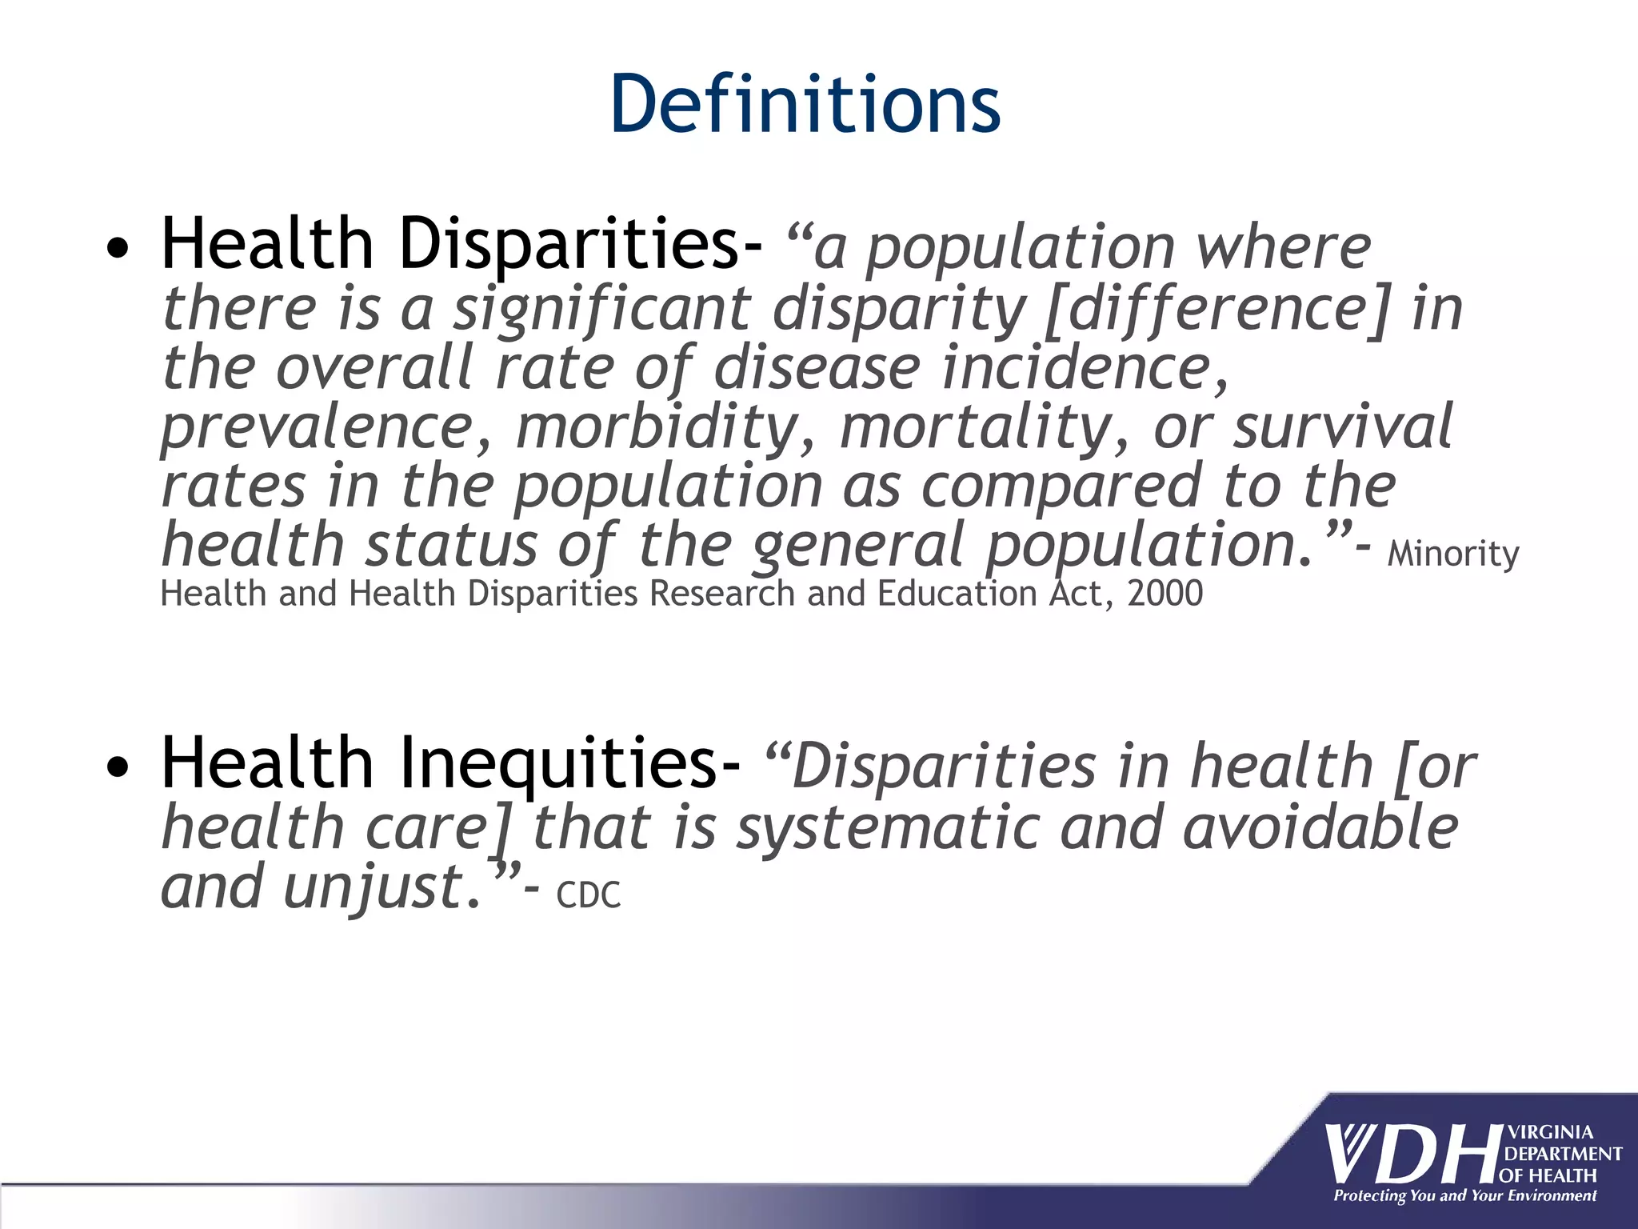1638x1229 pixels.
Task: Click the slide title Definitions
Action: pyautogui.click(x=805, y=104)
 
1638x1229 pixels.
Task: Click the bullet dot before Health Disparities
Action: pyautogui.click(x=118, y=249)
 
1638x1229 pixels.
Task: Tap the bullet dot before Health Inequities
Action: pyautogui.click(x=118, y=767)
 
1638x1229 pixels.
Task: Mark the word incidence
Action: pyautogui.click(x=1085, y=368)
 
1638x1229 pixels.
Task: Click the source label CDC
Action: pyautogui.click(x=588, y=895)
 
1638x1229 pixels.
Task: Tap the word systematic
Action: pyautogui.click(x=888, y=829)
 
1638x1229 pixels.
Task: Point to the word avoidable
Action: pyautogui.click(x=1320, y=827)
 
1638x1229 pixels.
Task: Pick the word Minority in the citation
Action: pyautogui.click(x=1452, y=554)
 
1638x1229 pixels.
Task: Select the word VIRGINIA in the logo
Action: pyautogui.click(x=1550, y=1132)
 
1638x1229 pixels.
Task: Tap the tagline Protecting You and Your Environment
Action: pyautogui.click(x=1464, y=1196)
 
